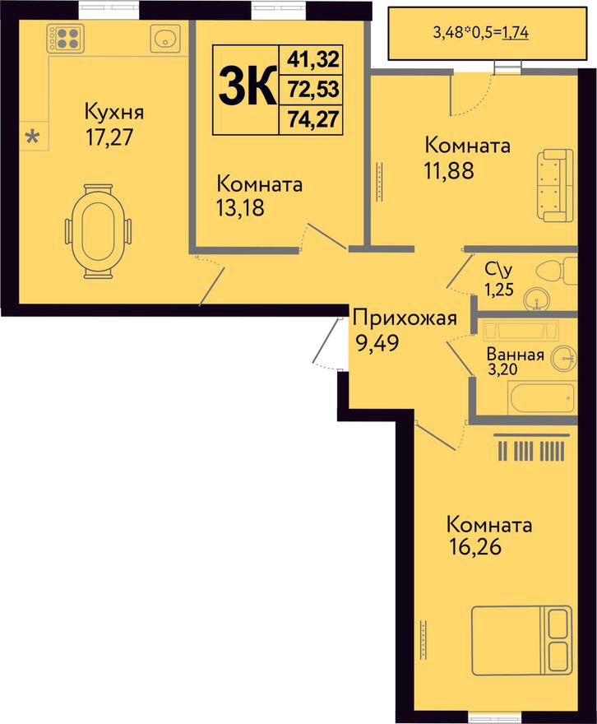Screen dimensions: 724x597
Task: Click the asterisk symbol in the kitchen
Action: pyautogui.click(x=33, y=137)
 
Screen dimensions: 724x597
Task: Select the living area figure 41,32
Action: pyautogui.click(x=313, y=59)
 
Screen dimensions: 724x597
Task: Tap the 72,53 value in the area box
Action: pyautogui.click(x=313, y=89)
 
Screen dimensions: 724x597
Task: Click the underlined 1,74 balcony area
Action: pyautogui.click(x=515, y=33)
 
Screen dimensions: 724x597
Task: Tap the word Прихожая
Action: pyautogui.click(x=404, y=318)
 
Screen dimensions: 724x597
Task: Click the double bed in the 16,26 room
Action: pyautogui.click(x=521, y=638)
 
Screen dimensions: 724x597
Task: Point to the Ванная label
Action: pyautogui.click(x=515, y=355)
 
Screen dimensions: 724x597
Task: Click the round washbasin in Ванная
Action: pyautogui.click(x=562, y=355)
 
